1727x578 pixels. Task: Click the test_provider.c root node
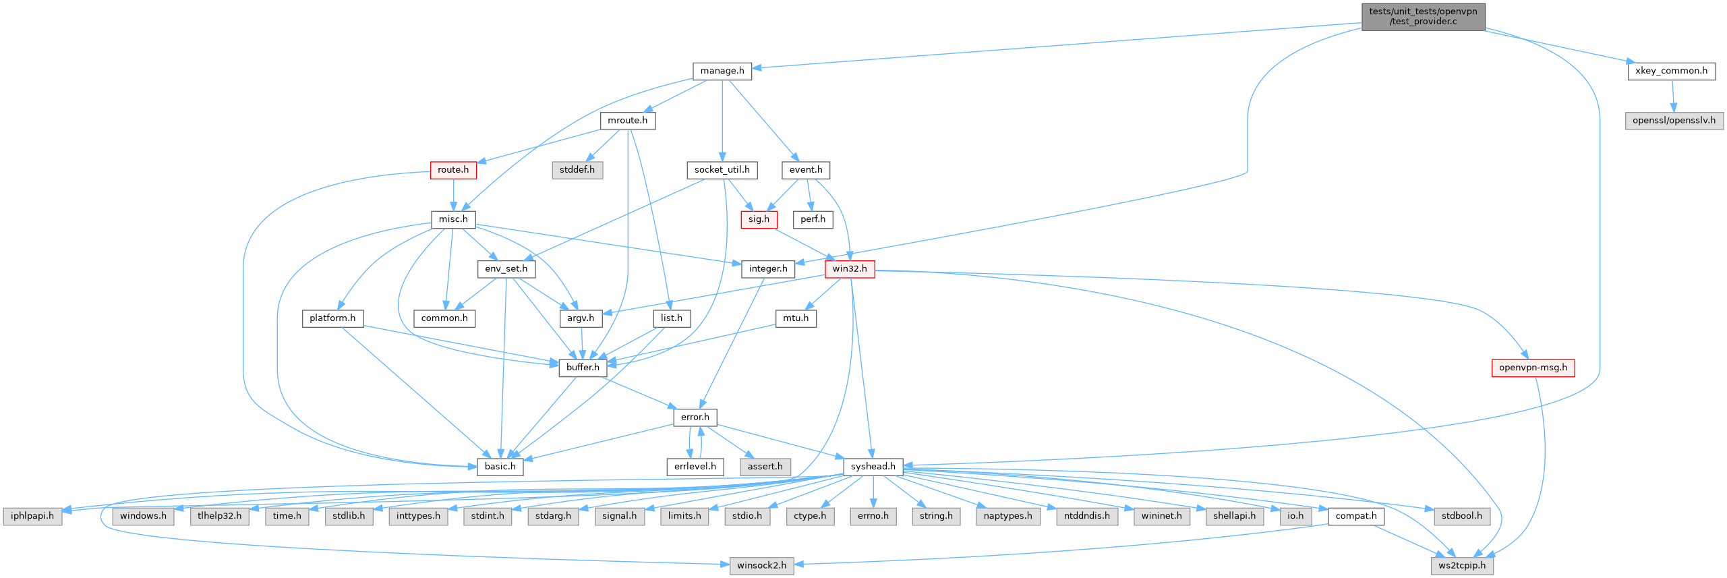pos(1423,16)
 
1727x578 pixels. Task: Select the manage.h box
pos(722,71)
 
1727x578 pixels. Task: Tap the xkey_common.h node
pos(1671,71)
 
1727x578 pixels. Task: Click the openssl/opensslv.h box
pos(1674,121)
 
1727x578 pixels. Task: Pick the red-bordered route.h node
pos(453,170)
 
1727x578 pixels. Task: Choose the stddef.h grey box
pos(577,170)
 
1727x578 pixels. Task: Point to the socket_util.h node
pos(722,170)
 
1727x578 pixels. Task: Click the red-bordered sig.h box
pos(759,219)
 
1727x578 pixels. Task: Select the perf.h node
pos(813,219)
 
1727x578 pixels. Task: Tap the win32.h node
pos(850,268)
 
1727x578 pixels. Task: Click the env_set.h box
pos(506,268)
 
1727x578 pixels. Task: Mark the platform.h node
pos(332,318)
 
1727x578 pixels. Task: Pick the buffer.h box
pos(583,368)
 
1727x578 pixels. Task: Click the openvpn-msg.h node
pos(1533,368)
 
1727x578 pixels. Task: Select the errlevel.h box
pos(695,467)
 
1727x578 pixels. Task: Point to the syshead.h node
pos(873,467)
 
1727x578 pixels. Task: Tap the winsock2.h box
pos(761,565)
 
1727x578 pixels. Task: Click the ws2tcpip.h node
pos(1462,565)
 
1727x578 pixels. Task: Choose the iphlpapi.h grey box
pos(32,516)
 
